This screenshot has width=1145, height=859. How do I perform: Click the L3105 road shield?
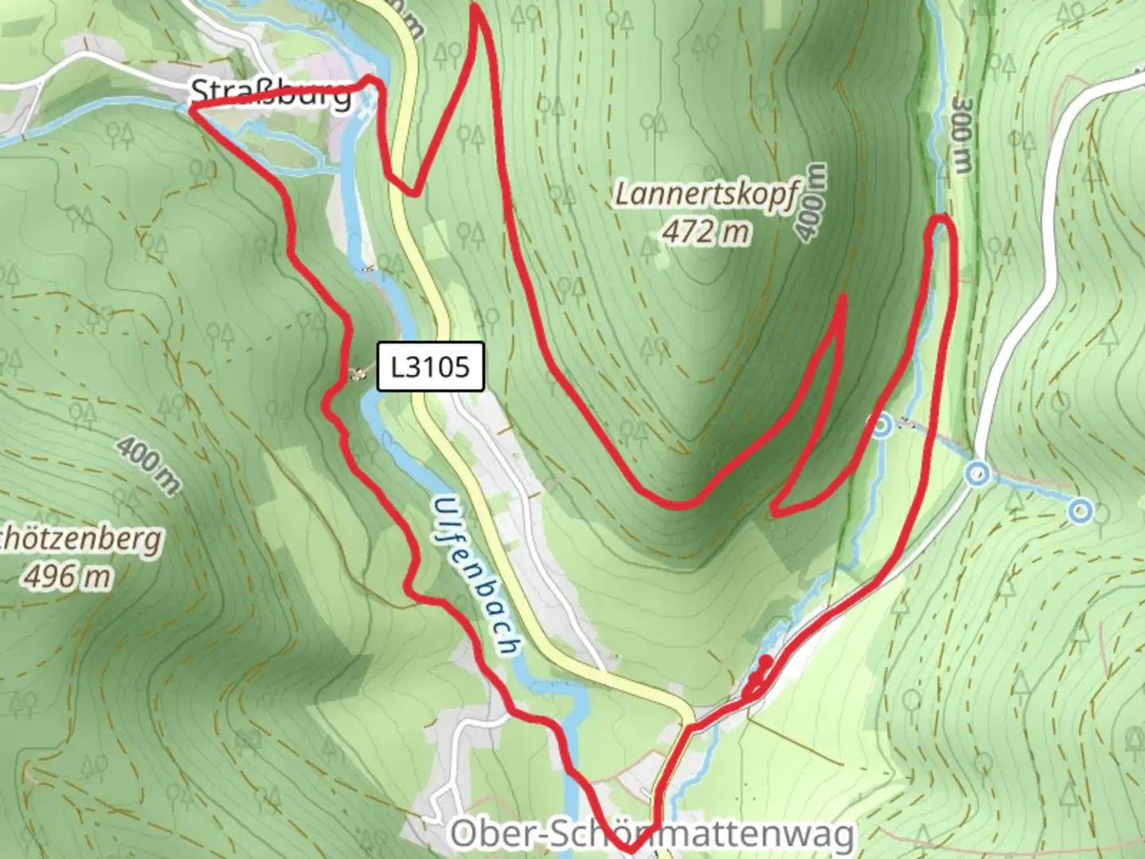coord(430,367)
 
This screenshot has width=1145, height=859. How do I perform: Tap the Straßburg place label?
coord(271,94)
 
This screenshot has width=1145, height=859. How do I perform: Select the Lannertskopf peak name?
coord(705,194)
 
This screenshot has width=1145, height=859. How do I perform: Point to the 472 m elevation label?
coord(706,231)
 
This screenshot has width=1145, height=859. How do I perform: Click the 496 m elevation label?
coord(67,576)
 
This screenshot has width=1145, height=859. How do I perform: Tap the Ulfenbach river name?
coord(476,576)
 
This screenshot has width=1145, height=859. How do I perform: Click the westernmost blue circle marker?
coord(881,426)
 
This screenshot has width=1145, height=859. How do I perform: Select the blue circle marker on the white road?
coord(977,475)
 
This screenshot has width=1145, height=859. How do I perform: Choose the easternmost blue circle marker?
coord(1079,511)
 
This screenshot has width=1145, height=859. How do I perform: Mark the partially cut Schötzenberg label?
coord(80,538)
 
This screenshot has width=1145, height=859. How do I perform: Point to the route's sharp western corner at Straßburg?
coord(192,108)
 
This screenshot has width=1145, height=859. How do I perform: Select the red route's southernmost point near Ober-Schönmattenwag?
coord(630,849)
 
